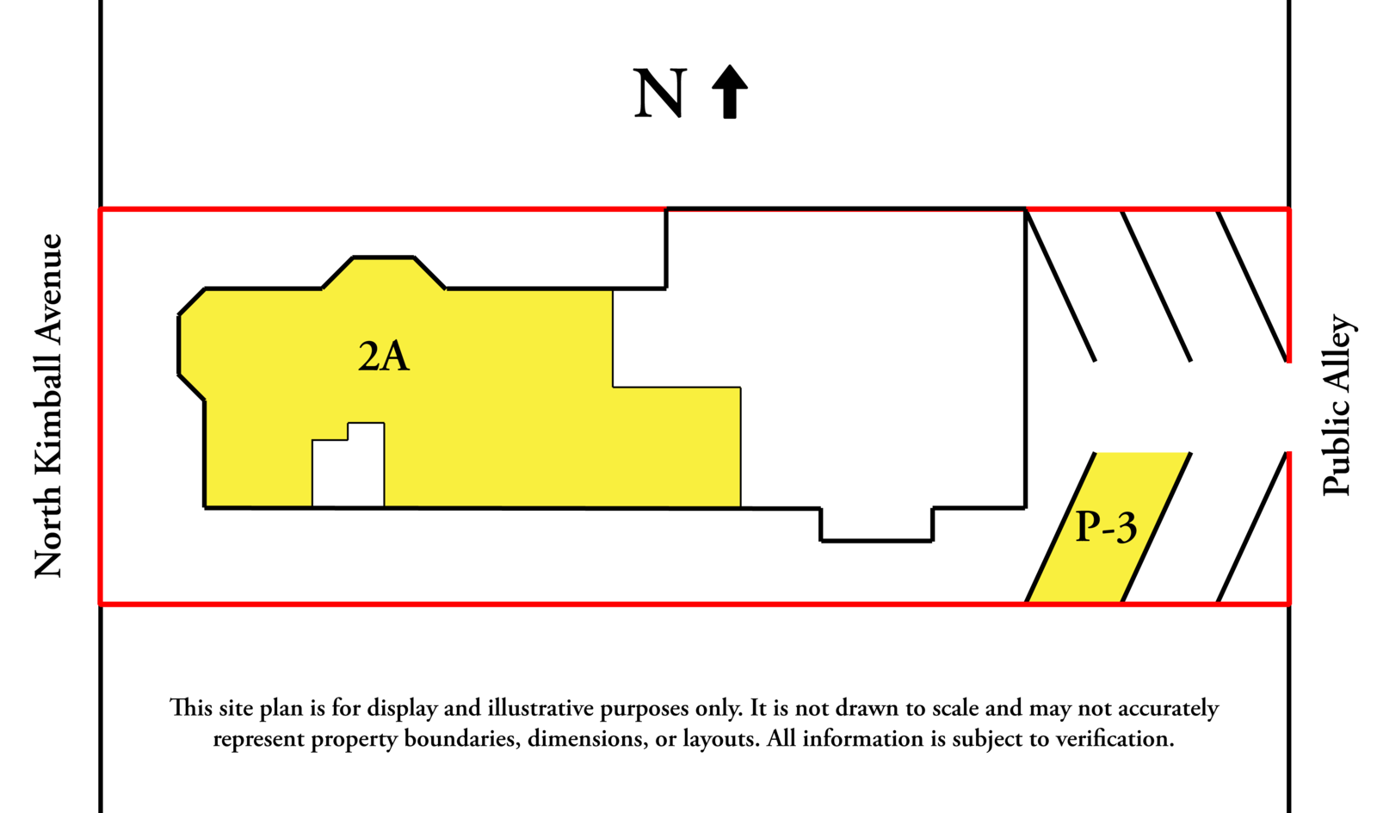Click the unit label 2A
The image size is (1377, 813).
pos(384,356)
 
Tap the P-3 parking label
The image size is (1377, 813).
pos(1106,526)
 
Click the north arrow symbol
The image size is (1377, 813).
pos(730,91)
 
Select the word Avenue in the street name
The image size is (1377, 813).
pos(49,289)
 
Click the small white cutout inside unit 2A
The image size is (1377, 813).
pos(348,469)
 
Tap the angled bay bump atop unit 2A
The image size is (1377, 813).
pos(383,273)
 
